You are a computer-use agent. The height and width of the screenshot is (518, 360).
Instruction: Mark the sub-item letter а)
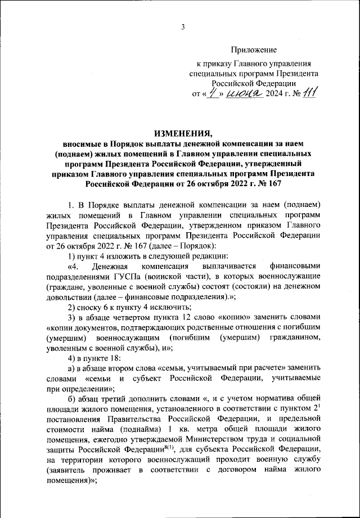point(71,368)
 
